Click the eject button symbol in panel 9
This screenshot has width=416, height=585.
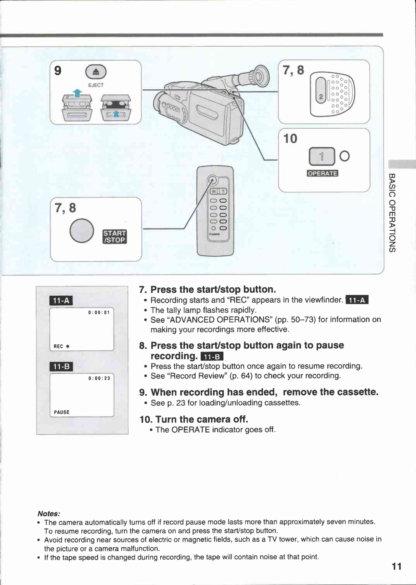[x=96, y=72]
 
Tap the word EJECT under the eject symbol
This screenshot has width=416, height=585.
[x=96, y=85]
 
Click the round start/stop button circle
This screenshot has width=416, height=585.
[x=82, y=231]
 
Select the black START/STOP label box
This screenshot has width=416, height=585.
[x=115, y=236]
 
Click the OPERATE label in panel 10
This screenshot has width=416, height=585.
[x=322, y=173]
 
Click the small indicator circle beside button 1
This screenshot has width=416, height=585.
[x=345, y=156]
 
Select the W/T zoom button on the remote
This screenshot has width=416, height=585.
[x=218, y=191]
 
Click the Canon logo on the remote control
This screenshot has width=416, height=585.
[x=214, y=234]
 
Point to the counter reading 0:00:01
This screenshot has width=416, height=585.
[x=99, y=312]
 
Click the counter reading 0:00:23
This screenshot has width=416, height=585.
[x=99, y=378]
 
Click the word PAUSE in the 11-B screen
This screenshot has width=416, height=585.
[x=62, y=412]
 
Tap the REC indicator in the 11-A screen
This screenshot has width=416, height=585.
[x=61, y=346]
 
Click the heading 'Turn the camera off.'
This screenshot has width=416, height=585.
[x=201, y=419]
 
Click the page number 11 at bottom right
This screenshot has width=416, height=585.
[x=396, y=566]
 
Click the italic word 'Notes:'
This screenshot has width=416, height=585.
[x=49, y=513]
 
